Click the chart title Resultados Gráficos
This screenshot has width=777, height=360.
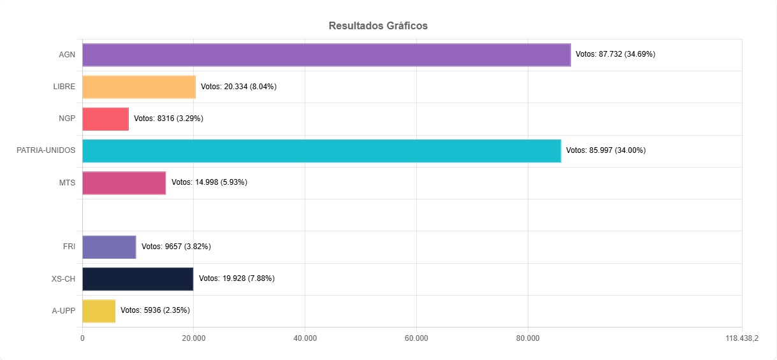(378, 26)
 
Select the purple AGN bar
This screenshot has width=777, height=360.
(326, 55)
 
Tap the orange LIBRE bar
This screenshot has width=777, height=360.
(139, 87)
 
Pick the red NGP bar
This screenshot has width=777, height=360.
(106, 119)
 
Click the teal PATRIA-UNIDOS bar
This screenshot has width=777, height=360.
(322, 150)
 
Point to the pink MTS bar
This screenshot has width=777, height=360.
(124, 182)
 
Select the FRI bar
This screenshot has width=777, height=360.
(109, 247)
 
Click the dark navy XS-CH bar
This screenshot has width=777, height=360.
(138, 278)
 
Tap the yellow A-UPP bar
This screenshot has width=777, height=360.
(99, 310)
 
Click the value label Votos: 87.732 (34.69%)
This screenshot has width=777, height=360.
(615, 54)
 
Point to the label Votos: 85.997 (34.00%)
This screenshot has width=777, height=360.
(606, 150)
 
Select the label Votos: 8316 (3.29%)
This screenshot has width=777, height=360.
(168, 119)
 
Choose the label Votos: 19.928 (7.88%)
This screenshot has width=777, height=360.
(236, 278)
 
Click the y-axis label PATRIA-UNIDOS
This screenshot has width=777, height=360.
(46, 150)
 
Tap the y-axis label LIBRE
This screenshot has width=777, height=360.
(64, 87)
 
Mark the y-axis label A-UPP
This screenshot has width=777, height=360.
(64, 310)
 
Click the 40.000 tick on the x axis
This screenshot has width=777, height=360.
(305, 338)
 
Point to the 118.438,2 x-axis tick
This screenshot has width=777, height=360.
(741, 338)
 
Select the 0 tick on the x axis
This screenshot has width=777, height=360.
(82, 338)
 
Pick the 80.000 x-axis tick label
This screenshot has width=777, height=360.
(528, 338)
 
